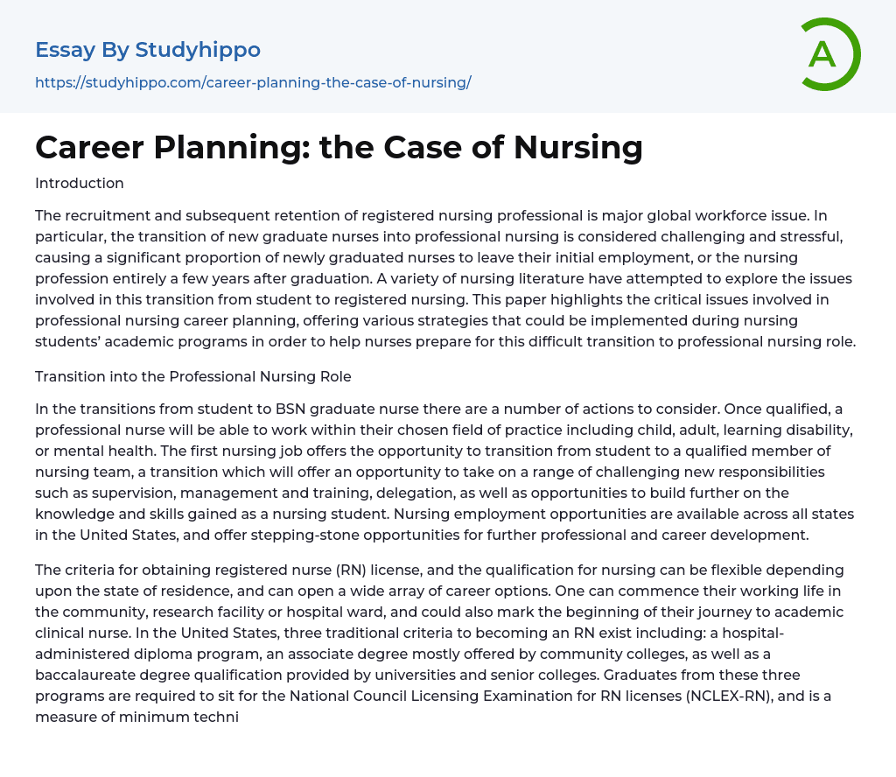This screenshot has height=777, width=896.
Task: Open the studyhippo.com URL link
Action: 253,83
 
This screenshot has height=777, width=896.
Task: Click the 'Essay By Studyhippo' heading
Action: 148,50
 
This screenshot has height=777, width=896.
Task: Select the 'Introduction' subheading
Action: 80,183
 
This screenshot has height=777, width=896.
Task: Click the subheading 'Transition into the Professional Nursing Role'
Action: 192,376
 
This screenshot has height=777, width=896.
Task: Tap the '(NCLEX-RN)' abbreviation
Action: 732,696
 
